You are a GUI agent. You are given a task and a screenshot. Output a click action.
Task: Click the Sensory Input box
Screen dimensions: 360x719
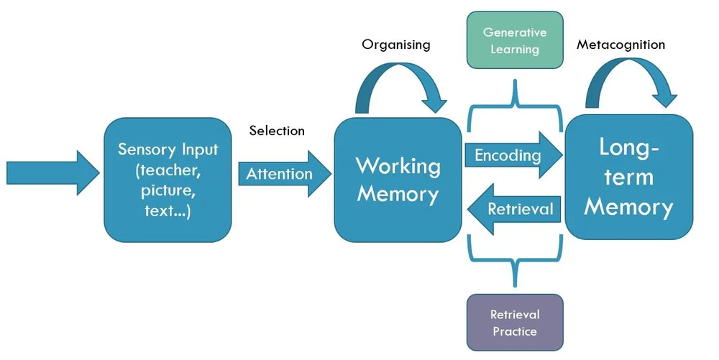(x=168, y=180)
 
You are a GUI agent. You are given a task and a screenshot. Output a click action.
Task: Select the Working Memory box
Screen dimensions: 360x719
(x=398, y=180)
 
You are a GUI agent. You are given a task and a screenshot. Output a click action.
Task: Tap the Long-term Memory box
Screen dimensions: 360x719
(x=628, y=177)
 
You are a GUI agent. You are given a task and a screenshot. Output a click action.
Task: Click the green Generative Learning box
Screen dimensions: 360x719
(x=514, y=40)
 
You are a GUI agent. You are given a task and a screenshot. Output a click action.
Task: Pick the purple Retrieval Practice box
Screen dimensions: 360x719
(x=514, y=323)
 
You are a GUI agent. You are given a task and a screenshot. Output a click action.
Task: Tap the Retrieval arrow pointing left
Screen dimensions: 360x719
(x=513, y=209)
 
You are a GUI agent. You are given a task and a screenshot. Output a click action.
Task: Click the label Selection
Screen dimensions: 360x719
(x=277, y=131)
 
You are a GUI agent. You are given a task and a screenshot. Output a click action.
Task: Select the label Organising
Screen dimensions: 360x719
(x=395, y=45)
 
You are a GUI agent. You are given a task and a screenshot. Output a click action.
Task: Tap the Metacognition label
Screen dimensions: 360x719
(x=620, y=45)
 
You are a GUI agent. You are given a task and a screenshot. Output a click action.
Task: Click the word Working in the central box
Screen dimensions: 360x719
(x=398, y=165)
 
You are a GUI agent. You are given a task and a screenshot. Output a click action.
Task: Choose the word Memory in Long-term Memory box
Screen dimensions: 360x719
(x=628, y=207)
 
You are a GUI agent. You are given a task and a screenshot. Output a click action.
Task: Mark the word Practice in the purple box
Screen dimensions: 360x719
(x=514, y=331)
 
